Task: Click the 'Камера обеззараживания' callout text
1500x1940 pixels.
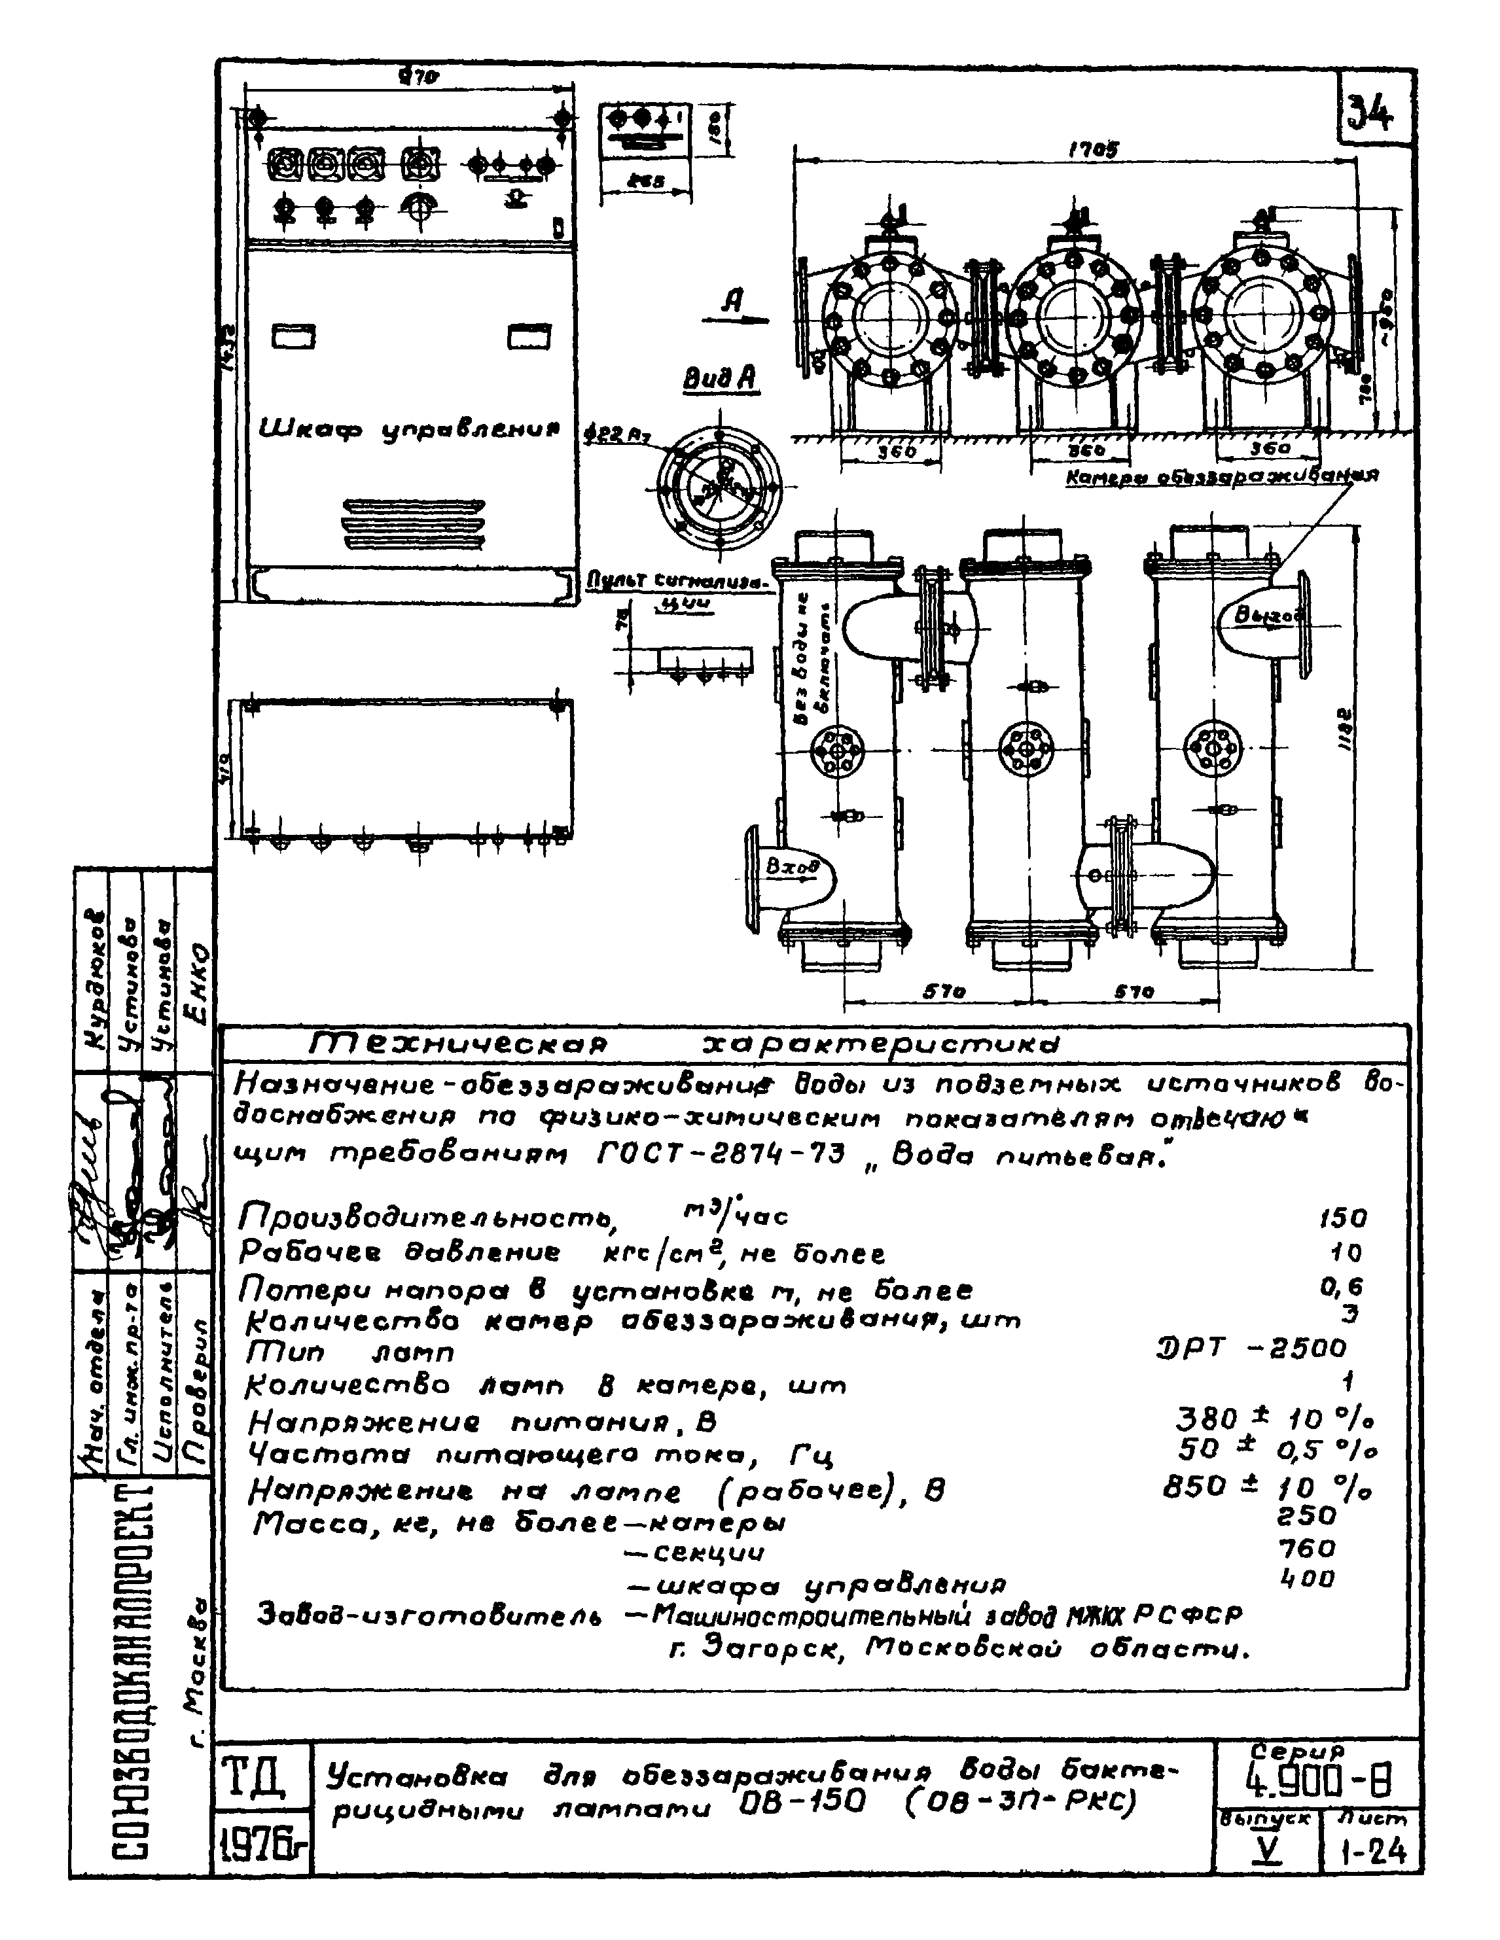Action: [x=1222, y=477]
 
